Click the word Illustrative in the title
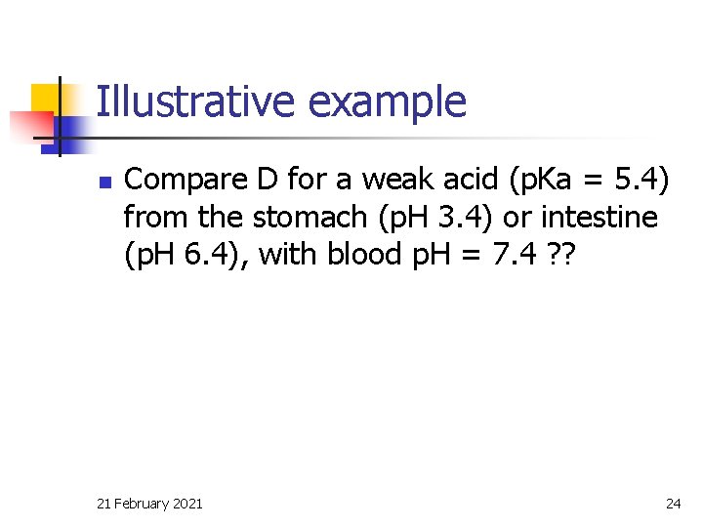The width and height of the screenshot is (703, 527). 178,101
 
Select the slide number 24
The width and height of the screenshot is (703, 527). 673,504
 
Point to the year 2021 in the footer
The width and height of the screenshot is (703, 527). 187,504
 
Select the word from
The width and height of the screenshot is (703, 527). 155,216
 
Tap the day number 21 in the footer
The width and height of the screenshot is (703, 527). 104,504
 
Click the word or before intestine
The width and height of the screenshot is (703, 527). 518,217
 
